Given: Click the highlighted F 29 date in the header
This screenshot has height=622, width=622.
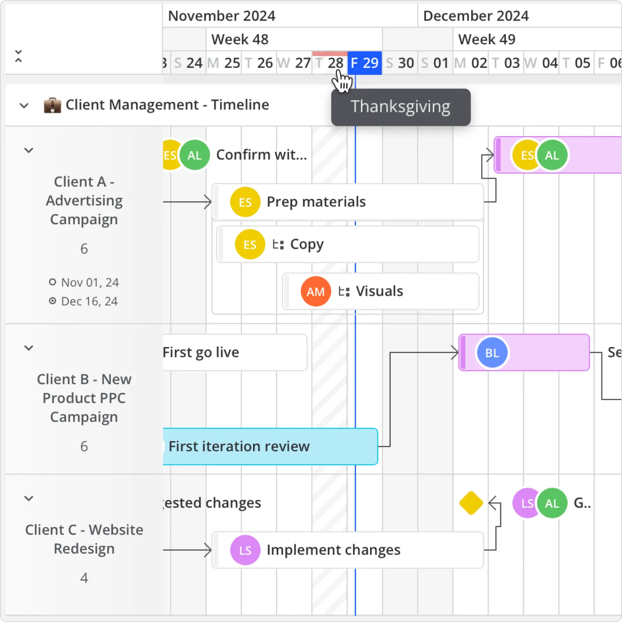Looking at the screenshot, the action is pos(364,63).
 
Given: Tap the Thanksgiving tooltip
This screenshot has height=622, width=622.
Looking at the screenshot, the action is pos(400,107).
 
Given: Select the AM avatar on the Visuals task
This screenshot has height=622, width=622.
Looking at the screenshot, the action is pos(315,292).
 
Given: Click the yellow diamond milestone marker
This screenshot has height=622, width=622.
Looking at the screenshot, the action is pos(471,503).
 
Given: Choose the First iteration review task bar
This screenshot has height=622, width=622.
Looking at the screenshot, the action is pos(270,446).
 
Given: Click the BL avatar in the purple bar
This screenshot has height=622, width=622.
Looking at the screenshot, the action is pos(492,353).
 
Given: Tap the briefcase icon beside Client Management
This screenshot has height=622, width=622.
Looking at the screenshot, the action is pos(52,105).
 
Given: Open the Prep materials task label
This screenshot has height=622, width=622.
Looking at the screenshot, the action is pos(316,202).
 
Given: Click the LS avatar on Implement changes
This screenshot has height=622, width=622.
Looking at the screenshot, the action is pos(245,550).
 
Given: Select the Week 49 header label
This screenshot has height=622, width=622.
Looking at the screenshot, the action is pos(487,39).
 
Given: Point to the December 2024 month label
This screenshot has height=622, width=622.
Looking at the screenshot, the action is pos(476,16).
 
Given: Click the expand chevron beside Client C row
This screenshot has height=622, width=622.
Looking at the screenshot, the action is pos(29,498).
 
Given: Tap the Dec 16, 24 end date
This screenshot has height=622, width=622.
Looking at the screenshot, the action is pos(89,301).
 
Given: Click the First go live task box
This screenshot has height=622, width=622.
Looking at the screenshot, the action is pos(234,352).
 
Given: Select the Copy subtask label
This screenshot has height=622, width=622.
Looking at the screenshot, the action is pos(307,244).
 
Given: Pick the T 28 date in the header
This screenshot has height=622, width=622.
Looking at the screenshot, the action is pos(330,63).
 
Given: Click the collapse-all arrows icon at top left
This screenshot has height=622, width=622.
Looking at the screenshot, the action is pos(18,56).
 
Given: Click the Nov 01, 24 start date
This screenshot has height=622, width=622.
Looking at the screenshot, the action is pos(90,282).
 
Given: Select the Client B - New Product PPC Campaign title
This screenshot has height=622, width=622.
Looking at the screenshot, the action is pos(84,398).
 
